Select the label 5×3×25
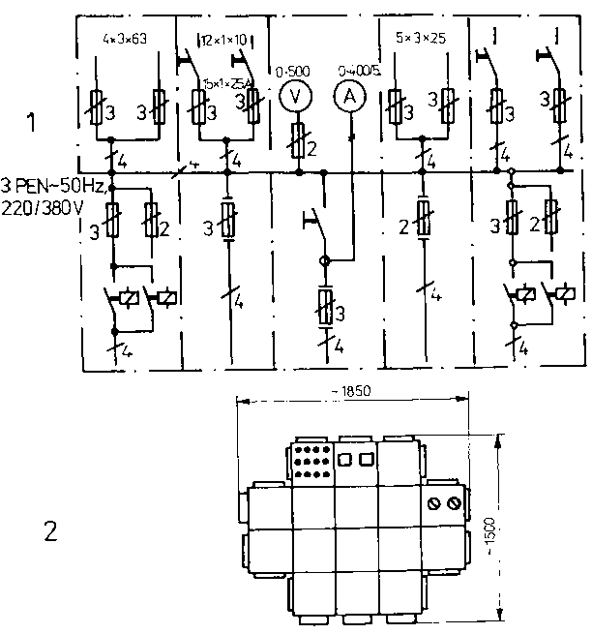click(420, 42)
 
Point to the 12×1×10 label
click(224, 40)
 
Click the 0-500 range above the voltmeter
click(291, 71)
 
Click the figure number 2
click(50, 530)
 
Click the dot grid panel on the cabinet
click(311, 463)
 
